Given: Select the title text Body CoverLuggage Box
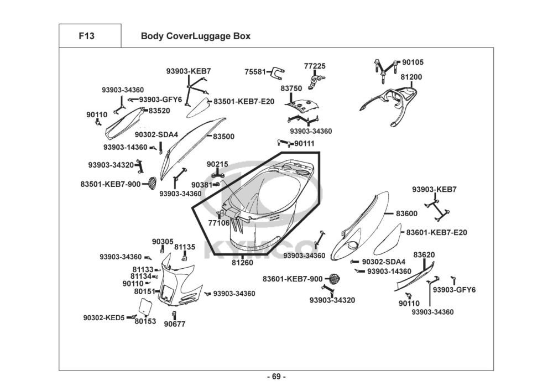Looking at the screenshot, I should coord(195,36).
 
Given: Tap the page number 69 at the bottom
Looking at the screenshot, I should coord(276,377).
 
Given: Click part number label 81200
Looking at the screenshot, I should coord(411,77).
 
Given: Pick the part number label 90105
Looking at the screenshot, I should coord(413,62).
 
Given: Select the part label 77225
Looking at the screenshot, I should coord(315,66).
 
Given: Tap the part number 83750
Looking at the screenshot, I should coord(291,88).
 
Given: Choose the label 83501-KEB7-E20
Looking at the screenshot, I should coord(243,102).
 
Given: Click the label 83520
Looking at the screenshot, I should coord(159,111).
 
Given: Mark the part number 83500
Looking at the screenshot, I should coord(223,136).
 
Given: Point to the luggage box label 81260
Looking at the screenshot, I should coord(242,263).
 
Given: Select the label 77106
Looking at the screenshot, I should coord(218,223).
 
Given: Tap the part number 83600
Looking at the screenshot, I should coord(406,213).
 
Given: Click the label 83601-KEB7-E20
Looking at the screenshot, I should coord(437,232).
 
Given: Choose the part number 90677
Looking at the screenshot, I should coord(174,325).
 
